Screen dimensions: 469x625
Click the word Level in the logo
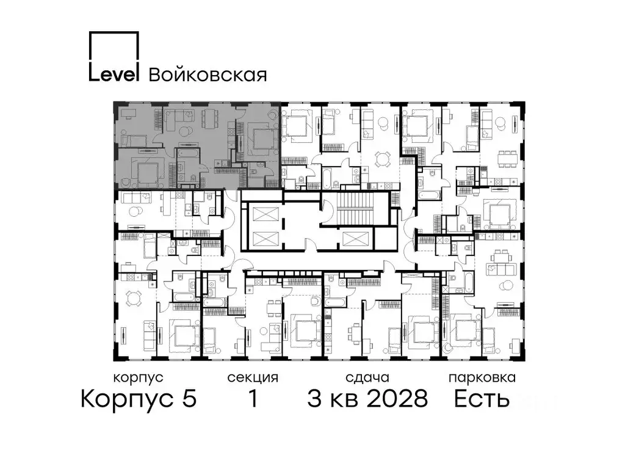(115, 73)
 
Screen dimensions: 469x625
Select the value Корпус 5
(139, 399)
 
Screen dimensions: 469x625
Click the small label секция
(253, 378)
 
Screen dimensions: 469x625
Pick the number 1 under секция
(252, 399)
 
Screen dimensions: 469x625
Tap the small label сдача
(367, 378)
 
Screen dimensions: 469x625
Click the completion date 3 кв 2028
(367, 399)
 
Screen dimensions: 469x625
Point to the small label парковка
(482, 378)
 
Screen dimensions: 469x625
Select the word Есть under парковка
(482, 399)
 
